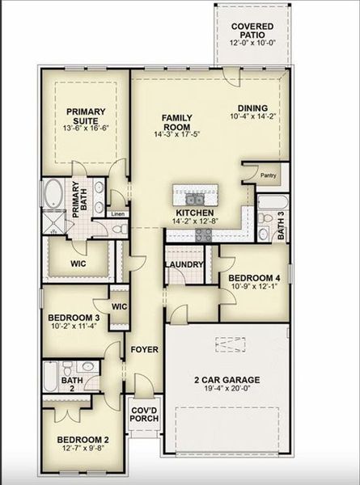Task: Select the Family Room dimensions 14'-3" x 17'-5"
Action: click(x=175, y=133)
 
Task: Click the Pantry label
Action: click(x=268, y=174)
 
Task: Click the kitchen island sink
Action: click(x=194, y=198)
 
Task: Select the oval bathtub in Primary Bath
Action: click(x=55, y=195)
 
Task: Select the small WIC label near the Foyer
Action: click(x=120, y=306)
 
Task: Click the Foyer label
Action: click(x=144, y=349)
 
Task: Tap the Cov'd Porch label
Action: click(x=144, y=416)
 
